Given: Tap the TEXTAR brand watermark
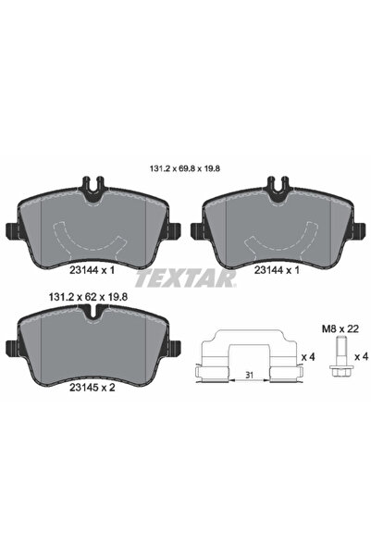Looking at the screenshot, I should [x=185, y=277].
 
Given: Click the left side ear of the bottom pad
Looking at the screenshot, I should [x=7, y=347].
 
